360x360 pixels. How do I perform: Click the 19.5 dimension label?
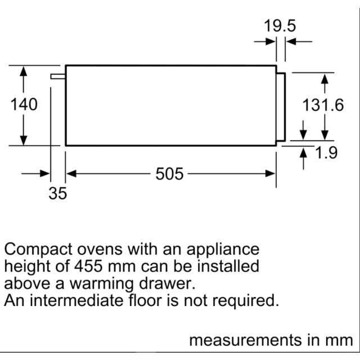pos(280,26)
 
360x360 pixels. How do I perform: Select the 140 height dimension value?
pos(24,105)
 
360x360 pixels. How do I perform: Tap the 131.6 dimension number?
pos(323,105)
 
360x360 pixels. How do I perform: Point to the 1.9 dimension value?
pos(326,152)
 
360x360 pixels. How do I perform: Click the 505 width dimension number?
pos(169,174)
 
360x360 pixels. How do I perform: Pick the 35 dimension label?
pos(57,193)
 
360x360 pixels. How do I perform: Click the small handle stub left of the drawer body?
pos(58,76)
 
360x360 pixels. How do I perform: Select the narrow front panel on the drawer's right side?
pos(281,107)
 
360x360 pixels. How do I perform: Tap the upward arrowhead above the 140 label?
pos(24,71)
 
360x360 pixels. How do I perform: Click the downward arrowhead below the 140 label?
pos(24,140)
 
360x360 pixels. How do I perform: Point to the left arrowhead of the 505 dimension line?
pos(71,174)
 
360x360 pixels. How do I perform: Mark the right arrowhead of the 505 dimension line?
pos(270,174)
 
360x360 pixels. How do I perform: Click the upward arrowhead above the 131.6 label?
pos(325,79)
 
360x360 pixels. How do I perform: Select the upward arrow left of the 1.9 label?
pos(303,159)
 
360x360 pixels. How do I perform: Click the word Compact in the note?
pos(38,250)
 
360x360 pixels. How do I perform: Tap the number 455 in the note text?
pos(88,266)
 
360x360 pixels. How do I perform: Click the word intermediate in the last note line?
pos(76,300)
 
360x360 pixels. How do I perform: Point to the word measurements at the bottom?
pos(245,340)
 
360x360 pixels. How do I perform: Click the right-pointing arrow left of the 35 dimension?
pos(35,174)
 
